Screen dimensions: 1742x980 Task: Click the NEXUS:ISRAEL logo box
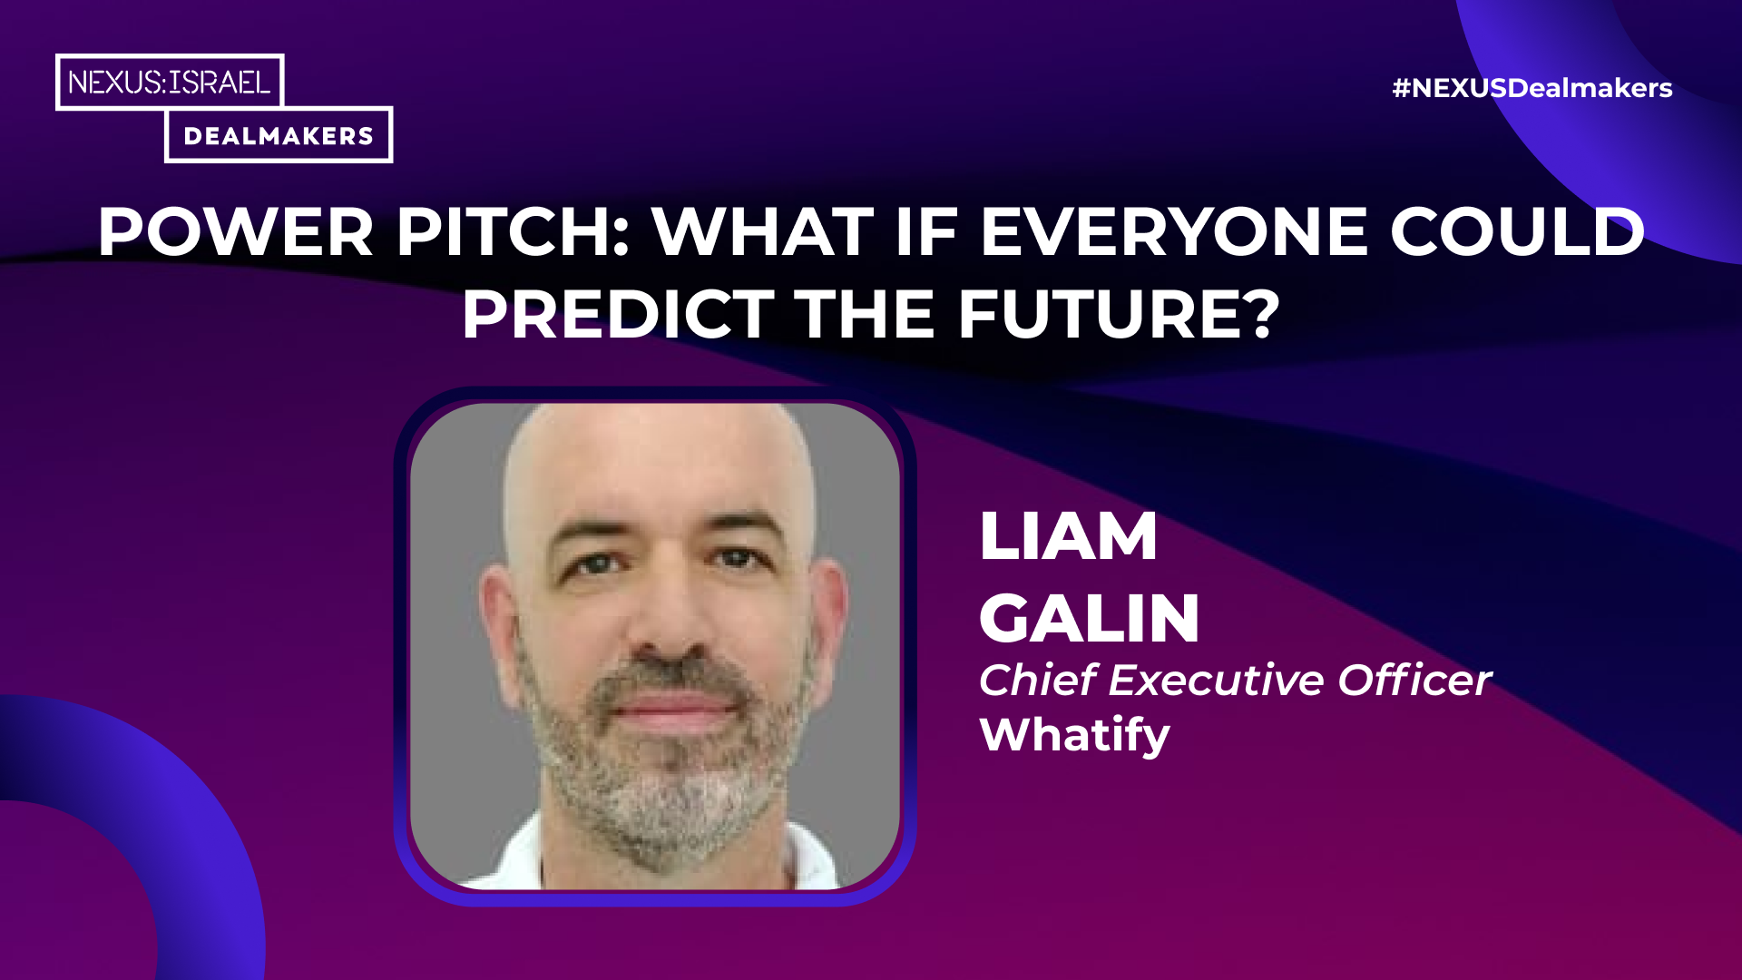[x=170, y=82]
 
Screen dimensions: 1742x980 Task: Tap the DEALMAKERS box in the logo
[x=279, y=135]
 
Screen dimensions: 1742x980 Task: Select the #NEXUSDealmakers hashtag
[x=1532, y=88]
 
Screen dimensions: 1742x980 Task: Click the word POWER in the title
[x=236, y=232]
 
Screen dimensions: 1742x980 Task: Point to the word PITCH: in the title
[x=514, y=232]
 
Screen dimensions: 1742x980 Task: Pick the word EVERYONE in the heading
[x=1174, y=232]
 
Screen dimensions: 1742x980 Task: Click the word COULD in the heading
[x=1518, y=232]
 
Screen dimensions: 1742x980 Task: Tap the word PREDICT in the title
[x=619, y=314]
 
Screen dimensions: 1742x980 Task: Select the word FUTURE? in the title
[x=1120, y=314]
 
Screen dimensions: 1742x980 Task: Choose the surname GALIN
[x=1090, y=618]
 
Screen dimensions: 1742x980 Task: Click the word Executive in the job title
[x=1216, y=680]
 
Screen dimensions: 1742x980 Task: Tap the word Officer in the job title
[x=1414, y=680]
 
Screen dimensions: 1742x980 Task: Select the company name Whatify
[x=1075, y=734]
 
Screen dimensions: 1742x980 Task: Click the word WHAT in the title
[x=763, y=232]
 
